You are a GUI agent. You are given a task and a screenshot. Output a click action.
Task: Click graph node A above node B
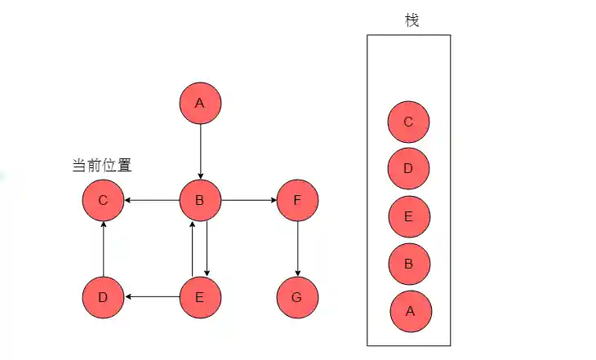[200, 104]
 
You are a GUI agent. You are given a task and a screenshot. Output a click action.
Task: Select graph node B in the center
[200, 200]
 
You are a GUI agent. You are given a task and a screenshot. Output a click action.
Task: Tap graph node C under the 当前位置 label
[103, 200]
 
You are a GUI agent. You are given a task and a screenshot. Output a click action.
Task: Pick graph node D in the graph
[103, 297]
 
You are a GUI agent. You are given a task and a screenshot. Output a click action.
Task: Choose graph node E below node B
[200, 297]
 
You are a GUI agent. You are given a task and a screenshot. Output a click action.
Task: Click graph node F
[297, 200]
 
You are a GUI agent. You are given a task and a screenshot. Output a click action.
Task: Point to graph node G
[297, 297]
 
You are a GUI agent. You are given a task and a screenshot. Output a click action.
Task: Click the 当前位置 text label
[102, 165]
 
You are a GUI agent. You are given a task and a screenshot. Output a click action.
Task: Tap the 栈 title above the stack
[411, 20]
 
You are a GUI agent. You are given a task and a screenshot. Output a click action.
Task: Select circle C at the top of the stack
[408, 122]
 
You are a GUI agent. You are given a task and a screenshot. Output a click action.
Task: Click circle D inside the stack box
[408, 169]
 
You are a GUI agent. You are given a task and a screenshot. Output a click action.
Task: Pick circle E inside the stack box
[409, 216]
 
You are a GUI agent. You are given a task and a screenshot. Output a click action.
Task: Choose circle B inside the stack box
[409, 263]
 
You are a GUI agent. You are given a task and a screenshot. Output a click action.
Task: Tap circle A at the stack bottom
[410, 310]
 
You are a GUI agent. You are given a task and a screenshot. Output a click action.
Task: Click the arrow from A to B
[200, 152]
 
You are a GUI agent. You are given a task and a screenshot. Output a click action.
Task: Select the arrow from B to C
[151, 200]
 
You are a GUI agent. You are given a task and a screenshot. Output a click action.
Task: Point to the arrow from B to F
[249, 200]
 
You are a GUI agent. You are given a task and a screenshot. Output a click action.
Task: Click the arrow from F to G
[297, 249]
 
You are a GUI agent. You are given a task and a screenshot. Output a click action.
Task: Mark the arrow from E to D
[151, 297]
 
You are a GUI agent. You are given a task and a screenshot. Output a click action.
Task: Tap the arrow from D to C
[103, 249]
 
